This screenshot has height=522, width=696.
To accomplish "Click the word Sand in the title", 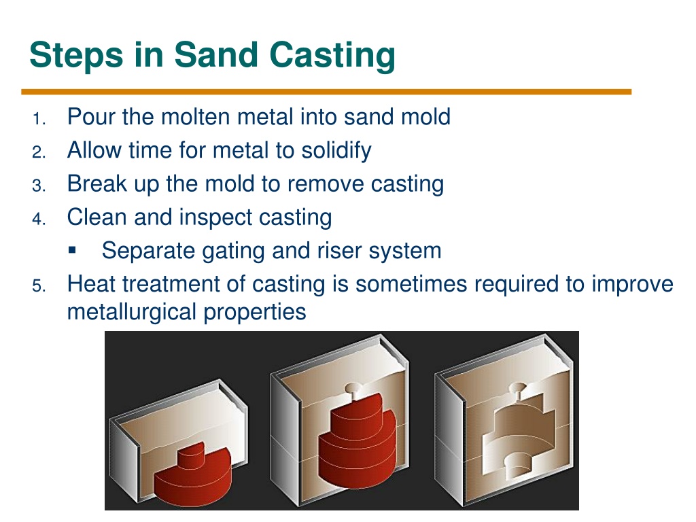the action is tap(215, 54).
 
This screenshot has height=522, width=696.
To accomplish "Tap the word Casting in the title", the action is tap(332, 56).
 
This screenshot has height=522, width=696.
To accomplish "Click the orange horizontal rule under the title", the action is tap(326, 92).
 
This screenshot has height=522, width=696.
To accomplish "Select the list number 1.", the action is tap(39, 119).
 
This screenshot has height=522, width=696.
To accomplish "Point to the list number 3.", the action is tap(39, 186).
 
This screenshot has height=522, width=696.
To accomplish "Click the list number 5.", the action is tap(39, 285).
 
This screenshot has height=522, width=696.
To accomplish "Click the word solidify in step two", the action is tap(336, 151).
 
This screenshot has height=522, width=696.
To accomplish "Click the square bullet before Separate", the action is tap(72, 250).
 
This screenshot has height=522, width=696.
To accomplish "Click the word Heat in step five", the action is tap(91, 284).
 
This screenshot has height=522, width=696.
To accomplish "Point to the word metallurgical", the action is tap(131, 313).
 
